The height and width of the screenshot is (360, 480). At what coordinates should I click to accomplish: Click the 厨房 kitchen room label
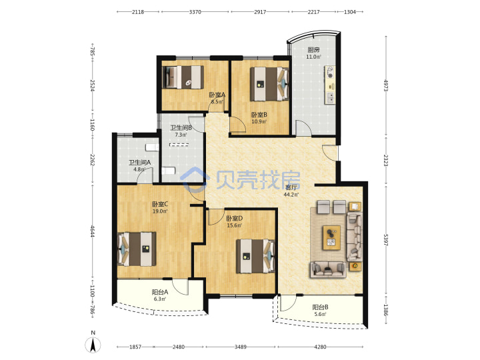(x=313, y=49)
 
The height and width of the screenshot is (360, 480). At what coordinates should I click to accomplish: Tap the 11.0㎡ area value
(x=314, y=57)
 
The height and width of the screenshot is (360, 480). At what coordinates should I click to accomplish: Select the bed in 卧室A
(x=183, y=77)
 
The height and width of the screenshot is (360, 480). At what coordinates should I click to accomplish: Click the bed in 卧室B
(x=270, y=84)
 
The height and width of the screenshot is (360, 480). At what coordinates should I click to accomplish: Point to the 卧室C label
(x=160, y=204)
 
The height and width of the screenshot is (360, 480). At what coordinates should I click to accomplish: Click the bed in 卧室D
(x=255, y=256)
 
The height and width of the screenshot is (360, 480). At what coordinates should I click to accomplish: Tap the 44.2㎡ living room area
(x=291, y=195)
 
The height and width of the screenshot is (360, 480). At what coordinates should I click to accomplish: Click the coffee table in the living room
(x=331, y=237)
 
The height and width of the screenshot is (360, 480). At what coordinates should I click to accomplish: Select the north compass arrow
(x=93, y=345)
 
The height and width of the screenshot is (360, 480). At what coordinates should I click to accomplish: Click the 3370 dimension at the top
(x=195, y=12)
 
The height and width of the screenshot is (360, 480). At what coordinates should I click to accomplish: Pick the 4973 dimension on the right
(x=386, y=85)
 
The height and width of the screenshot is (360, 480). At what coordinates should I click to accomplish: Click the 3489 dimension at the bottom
(x=240, y=347)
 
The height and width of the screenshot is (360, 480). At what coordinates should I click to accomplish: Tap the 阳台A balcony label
(x=160, y=292)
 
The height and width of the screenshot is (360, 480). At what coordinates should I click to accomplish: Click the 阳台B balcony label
(x=320, y=307)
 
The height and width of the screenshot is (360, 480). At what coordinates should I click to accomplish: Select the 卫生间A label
(x=139, y=163)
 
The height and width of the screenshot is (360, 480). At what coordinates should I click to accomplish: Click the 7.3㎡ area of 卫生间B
(x=181, y=135)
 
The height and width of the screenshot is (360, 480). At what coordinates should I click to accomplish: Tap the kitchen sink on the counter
(x=331, y=97)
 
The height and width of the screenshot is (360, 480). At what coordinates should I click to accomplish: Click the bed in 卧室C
(x=137, y=249)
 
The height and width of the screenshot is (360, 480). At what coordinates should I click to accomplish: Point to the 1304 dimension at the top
(x=350, y=12)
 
